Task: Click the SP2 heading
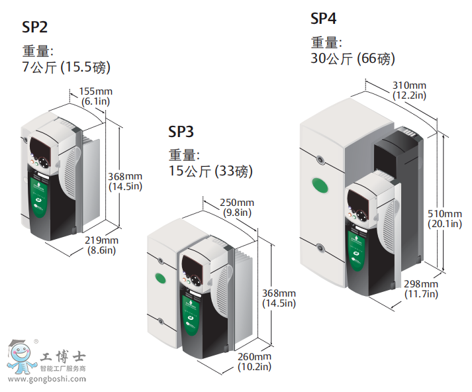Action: click(x=34, y=27)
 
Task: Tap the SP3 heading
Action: click(x=181, y=132)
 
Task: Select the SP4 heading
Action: click(x=323, y=19)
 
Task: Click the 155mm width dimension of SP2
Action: click(x=96, y=96)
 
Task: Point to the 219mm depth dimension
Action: click(x=101, y=245)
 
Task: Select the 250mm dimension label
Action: click(x=237, y=207)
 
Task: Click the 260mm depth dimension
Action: click(x=254, y=362)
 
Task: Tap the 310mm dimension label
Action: click(x=409, y=90)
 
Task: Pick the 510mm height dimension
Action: click(x=445, y=219)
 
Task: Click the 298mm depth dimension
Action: click(x=421, y=289)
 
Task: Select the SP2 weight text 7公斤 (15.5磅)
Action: click(x=66, y=67)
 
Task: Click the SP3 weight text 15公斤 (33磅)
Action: click(x=211, y=171)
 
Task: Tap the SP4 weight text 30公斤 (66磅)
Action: click(x=353, y=59)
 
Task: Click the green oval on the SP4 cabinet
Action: click(x=320, y=185)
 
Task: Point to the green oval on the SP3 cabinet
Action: click(x=160, y=278)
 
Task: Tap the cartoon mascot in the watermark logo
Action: click(x=20, y=358)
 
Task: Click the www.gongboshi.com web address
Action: click(x=47, y=379)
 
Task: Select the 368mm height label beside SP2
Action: click(x=125, y=181)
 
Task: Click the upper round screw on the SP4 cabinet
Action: click(x=320, y=159)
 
